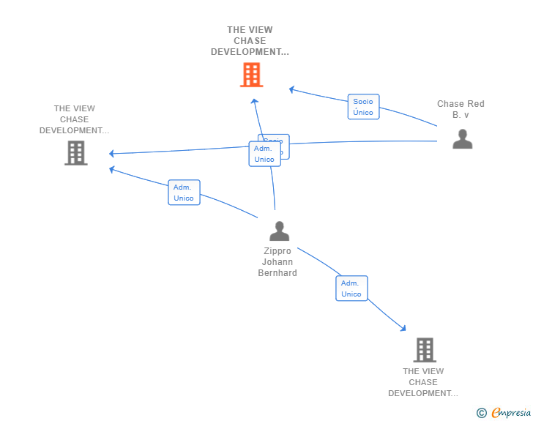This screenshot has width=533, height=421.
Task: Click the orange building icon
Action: pos(251,75)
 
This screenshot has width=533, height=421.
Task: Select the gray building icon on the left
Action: pos(75,153)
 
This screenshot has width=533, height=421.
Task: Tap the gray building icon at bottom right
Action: pos(425,350)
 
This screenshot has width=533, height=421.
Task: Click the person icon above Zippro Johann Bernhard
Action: pos(279,231)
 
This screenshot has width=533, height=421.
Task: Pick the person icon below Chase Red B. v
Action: pos(462,139)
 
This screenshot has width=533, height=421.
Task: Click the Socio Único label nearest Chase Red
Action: pos(363,107)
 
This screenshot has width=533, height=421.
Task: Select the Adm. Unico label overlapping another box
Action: pos(264,154)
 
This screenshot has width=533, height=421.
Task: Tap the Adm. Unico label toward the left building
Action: pos(184,193)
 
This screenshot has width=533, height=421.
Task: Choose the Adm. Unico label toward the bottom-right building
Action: pos(351,288)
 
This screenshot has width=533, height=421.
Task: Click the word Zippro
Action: pos(277,251)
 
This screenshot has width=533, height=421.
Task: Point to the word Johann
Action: pos(277,262)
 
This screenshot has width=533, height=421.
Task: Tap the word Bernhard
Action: pos(277,273)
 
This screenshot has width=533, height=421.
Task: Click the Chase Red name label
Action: pos(461,109)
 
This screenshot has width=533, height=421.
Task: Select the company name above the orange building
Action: pos(250,41)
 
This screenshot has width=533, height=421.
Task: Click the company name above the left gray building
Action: pos(75,119)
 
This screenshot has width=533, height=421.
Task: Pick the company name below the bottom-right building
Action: pos(423,382)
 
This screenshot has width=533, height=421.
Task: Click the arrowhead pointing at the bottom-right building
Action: pos(403,329)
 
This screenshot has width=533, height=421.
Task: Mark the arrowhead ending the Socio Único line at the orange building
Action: pos(291,89)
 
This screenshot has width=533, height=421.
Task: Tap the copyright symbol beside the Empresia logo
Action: pos(482,413)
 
